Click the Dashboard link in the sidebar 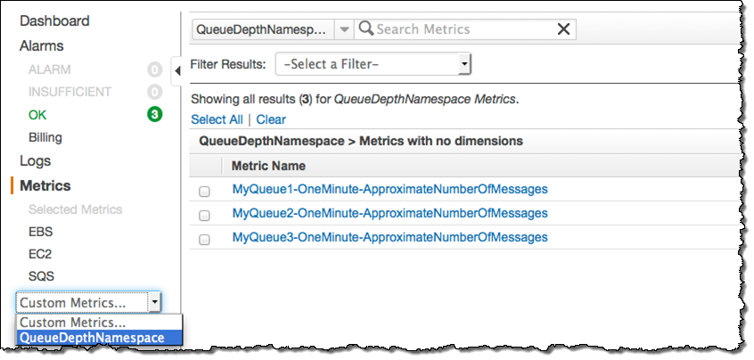point(54,20)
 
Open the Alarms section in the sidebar point(42,45)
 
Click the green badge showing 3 point(154,115)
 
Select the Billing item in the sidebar point(45,138)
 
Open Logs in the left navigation point(36,161)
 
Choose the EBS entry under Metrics point(41,232)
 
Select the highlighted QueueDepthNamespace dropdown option point(92,338)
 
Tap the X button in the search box point(563,29)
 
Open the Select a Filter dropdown point(373,64)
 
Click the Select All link point(217,119)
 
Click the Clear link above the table point(271,119)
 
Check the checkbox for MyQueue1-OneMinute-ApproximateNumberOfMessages point(205,191)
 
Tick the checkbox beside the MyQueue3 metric point(205,240)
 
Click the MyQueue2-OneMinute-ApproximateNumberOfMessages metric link point(389,214)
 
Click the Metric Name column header point(268,166)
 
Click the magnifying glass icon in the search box point(365,29)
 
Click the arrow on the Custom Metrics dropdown point(154,303)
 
